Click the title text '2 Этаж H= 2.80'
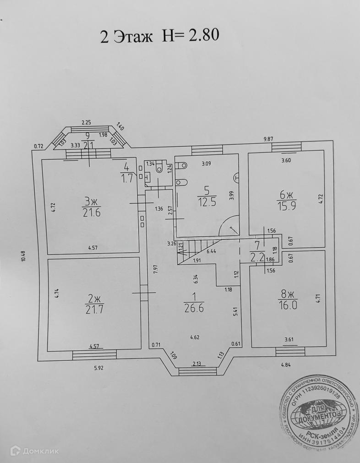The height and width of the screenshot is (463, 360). click(160, 35)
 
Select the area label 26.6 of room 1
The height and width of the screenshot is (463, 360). click(194, 308)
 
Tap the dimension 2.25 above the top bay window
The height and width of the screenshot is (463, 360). click(87, 122)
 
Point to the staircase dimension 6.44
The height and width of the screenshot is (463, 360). click(211, 251)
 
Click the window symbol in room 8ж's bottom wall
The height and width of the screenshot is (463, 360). click(290, 352)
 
